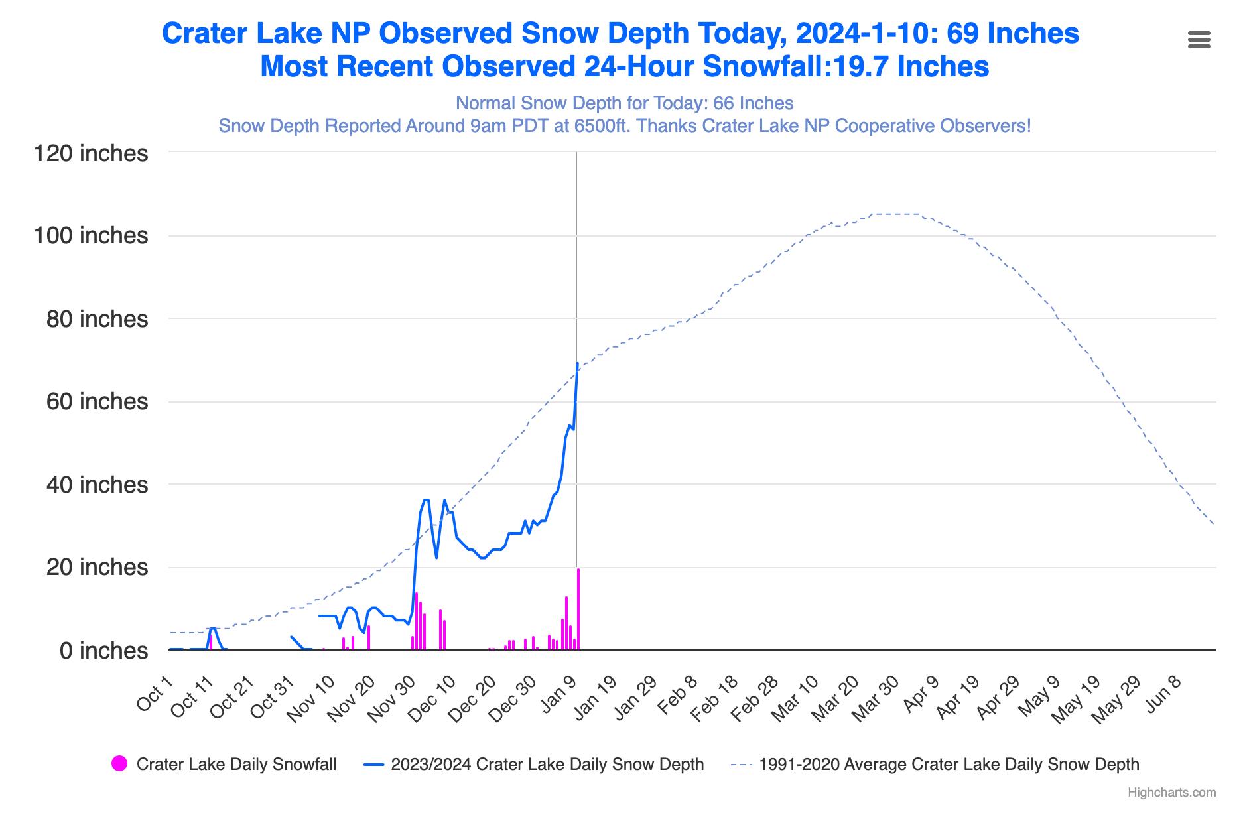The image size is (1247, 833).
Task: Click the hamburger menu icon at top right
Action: point(1199,40)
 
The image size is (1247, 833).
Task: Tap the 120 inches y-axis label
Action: point(91,153)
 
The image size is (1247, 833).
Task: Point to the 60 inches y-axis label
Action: point(97,401)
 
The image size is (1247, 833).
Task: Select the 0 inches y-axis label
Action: point(103,651)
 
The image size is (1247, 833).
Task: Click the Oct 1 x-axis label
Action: point(155,692)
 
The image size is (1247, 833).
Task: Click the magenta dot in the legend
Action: point(119,764)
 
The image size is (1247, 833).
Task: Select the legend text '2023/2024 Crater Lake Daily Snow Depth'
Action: point(547,764)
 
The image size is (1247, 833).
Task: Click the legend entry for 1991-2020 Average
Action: point(949,764)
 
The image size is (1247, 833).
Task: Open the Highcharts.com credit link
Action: point(1171,793)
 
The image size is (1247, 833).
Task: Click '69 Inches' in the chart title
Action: point(1012,33)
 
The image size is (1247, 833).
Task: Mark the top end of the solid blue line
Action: point(578,363)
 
